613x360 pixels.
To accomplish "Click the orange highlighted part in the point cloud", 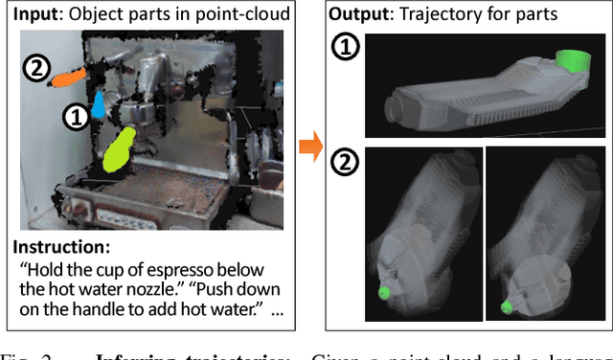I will click(x=68, y=75).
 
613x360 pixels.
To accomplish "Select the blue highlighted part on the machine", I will click(x=98, y=105).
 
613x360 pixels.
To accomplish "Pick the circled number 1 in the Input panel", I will click(x=75, y=117).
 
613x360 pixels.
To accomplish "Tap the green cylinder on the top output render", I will click(x=572, y=60).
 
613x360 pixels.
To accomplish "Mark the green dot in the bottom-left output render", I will click(x=384, y=292).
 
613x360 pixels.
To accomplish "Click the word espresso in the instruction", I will click(x=204, y=269).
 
